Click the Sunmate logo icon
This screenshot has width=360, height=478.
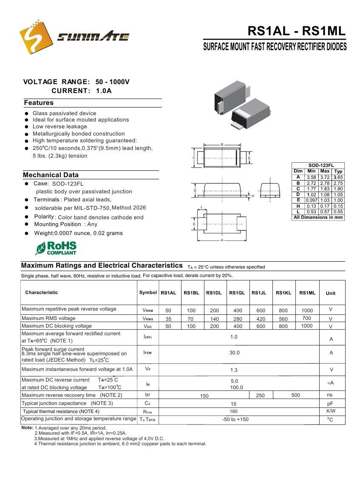tap(36, 37)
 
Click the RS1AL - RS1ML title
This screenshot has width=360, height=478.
tap(296, 31)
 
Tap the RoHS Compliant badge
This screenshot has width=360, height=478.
tap(56, 248)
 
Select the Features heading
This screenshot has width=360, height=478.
tap(39, 103)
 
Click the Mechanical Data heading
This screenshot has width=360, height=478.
tap(51, 175)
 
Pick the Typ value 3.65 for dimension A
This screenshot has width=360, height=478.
tap(338, 177)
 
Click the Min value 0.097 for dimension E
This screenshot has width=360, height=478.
tap(312, 200)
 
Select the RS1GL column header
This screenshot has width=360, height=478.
tap(237, 293)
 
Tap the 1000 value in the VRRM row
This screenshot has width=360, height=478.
tap(307, 311)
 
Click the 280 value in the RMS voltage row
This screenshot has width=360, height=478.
tap(238, 319)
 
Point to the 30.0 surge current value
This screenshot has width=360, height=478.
tap(234, 353)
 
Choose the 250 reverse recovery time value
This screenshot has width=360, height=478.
tap(260, 396)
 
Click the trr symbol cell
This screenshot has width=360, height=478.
tap(147, 395)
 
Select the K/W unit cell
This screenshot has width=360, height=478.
tap(331, 411)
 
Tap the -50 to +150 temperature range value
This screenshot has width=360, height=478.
tap(235, 419)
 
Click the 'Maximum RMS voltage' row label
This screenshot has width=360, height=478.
tap(48, 318)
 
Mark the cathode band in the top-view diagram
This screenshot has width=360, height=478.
tap(236, 158)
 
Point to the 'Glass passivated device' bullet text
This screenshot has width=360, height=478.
tap(64, 113)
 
